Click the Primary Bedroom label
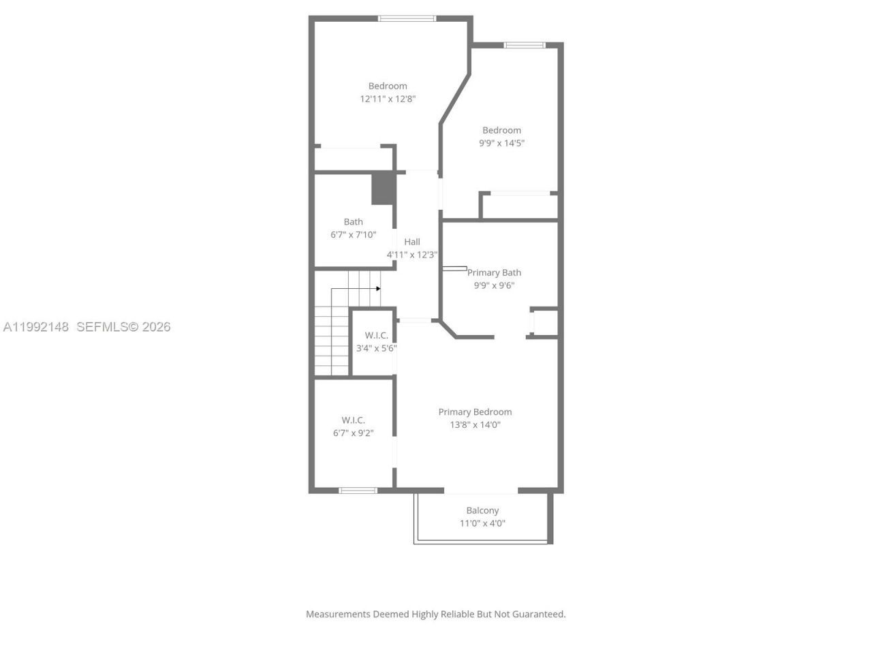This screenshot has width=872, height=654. click(475, 411)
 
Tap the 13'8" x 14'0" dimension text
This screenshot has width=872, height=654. click(475, 424)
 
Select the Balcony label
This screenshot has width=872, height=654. click(482, 510)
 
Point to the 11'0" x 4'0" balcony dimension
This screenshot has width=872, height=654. click(482, 523)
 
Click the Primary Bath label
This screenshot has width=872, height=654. click(494, 272)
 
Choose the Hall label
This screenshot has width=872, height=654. click(412, 242)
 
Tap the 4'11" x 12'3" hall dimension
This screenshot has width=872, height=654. click(412, 255)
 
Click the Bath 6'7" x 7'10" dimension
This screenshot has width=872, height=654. click(353, 234)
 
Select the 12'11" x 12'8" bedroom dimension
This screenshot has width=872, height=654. click(388, 99)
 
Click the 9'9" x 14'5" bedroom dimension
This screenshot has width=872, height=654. click(501, 143)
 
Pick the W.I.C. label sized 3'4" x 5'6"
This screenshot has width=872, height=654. click(376, 335)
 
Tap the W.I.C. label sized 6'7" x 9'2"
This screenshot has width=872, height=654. click(353, 420)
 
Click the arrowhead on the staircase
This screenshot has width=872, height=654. click(378, 289)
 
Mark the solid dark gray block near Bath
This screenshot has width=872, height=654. click(383, 189)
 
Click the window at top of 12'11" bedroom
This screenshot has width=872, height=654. click(407, 18)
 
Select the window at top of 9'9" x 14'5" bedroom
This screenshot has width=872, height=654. click(525, 46)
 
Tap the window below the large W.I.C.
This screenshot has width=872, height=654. click(358, 490)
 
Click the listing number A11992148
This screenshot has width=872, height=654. click(36, 327)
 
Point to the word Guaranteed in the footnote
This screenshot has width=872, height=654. click(538, 614)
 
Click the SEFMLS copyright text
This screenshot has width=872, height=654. click(123, 327)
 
